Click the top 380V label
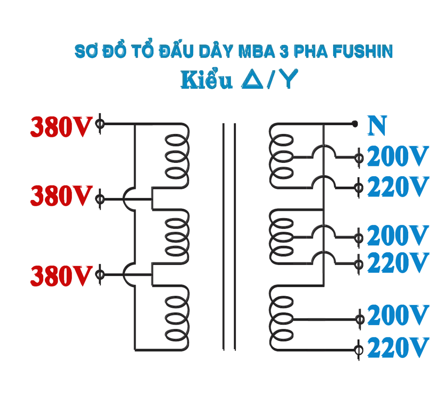click(x=61, y=127)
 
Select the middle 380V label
click(x=61, y=196)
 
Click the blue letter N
click(x=377, y=126)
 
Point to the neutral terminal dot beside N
click(x=355, y=124)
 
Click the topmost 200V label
click(x=397, y=157)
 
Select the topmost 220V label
click(x=397, y=187)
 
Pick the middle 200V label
click(x=397, y=236)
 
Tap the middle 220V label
click(x=397, y=263)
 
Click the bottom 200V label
click(x=397, y=316)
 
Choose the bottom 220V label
click(x=397, y=348)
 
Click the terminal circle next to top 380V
click(x=100, y=124)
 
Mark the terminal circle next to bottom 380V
click(x=100, y=274)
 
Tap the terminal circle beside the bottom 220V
click(x=358, y=350)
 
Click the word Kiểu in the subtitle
click(x=206, y=80)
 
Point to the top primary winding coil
click(x=177, y=156)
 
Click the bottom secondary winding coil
click(x=281, y=319)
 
